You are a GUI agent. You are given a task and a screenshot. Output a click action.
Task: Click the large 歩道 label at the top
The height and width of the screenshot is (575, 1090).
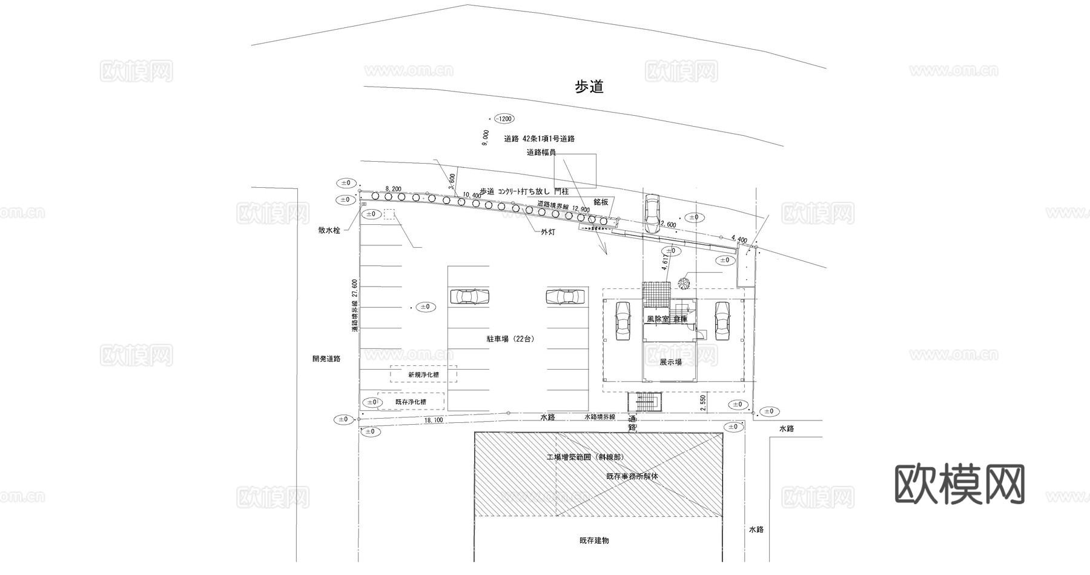[589, 87]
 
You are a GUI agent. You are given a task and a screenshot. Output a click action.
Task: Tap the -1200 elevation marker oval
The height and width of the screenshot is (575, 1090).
[504, 119]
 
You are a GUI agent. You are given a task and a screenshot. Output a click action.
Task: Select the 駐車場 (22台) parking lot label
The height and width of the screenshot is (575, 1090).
[510, 339]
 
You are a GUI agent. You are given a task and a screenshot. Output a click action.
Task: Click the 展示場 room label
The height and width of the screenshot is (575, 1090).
[670, 362]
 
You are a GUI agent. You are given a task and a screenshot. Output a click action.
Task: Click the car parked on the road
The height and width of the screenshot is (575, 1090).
[652, 213]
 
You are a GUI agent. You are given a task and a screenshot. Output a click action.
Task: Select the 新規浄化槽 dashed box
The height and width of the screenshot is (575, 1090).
[423, 374]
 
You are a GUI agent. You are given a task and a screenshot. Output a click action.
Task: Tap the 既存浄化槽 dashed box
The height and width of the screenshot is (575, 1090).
[411, 402]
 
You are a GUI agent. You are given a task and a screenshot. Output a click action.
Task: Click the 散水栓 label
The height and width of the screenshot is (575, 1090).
[329, 231]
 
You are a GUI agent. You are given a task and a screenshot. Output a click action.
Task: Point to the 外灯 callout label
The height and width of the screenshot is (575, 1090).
[548, 232]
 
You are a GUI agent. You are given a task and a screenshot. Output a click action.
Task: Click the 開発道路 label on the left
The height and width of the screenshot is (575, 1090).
[326, 359]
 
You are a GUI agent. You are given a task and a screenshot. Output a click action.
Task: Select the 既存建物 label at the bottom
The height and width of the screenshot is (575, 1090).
[594, 540]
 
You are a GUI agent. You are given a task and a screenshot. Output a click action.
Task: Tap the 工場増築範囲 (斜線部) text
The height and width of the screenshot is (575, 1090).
[585, 457]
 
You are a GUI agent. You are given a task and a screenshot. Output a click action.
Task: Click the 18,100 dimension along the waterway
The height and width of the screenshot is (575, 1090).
[434, 420]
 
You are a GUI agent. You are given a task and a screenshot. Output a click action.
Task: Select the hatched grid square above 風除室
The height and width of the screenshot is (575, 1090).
[657, 295]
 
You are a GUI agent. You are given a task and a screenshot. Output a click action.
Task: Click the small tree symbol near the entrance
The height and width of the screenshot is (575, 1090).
[684, 283]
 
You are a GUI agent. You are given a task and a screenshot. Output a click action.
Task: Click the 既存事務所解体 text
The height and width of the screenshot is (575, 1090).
[632, 476]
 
